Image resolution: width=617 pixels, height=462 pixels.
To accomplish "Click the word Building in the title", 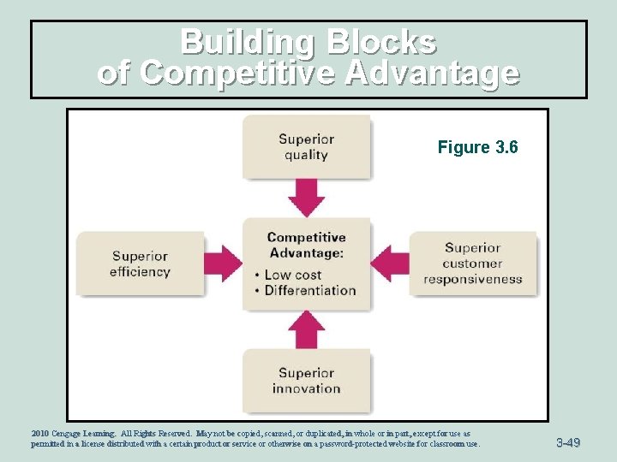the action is [243, 43].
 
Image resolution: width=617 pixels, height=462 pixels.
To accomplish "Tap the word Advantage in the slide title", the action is [431, 73].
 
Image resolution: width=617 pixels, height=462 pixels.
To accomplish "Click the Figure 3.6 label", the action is [477, 148].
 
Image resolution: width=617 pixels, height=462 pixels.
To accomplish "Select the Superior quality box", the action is [306, 147].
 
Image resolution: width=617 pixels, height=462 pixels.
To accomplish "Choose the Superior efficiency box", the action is [140, 264].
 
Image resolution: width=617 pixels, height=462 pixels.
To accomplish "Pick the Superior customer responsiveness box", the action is [472, 264].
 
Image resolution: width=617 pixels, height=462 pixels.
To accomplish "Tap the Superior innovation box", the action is [306, 381].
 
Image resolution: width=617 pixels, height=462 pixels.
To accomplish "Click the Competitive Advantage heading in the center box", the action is [306, 245].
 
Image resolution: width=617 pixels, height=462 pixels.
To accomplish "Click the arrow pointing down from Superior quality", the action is [306, 198].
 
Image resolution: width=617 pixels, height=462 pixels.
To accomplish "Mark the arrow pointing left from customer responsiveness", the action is [389, 263].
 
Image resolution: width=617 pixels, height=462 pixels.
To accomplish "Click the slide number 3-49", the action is [567, 442].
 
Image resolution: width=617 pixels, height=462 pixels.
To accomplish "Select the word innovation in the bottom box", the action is [306, 388].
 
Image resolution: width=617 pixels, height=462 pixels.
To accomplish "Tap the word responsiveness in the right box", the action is [472, 279].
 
